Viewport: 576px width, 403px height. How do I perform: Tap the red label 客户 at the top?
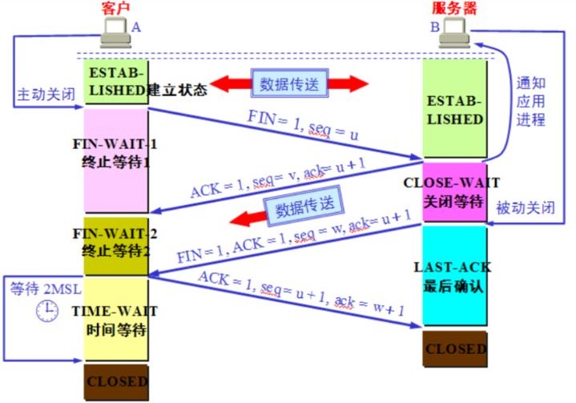[x=115, y=8]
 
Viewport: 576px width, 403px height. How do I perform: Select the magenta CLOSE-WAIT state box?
[x=454, y=191]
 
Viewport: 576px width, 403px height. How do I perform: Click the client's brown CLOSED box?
[x=115, y=381]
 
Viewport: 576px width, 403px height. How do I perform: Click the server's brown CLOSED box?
[x=454, y=349]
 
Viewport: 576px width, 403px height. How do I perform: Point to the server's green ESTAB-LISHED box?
[x=454, y=108]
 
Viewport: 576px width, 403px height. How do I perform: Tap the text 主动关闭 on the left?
[x=46, y=95]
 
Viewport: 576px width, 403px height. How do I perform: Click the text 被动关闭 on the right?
[x=525, y=207]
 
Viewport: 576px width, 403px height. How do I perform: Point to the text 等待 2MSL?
[x=35, y=288]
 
